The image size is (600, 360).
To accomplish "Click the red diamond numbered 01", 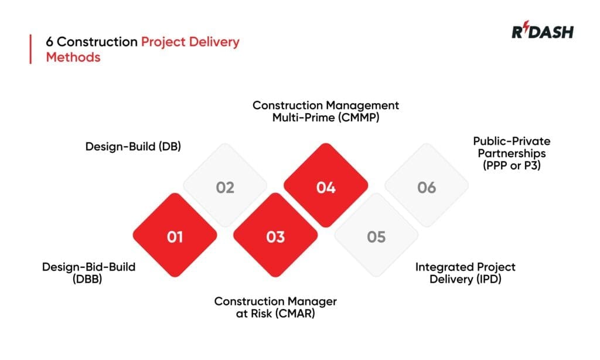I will pos(175,236).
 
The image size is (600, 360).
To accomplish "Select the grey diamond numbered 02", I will pos(225,187).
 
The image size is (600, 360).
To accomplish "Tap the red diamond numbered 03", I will pos(275,236).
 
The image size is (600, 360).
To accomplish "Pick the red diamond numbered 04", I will pos(326,187).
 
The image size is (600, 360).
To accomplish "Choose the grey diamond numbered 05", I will pos(376,236).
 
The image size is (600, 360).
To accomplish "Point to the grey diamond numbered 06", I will pos(427,187).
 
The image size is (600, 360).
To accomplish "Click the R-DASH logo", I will pos(543,32).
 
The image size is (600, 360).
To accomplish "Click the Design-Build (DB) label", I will pos(133,146).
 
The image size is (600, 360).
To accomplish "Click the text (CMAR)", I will pos(296,313).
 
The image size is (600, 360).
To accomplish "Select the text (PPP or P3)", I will pos(512,166).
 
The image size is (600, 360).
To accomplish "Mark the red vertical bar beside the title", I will pos(30,49).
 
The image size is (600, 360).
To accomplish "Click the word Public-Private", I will pos(512,141).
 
